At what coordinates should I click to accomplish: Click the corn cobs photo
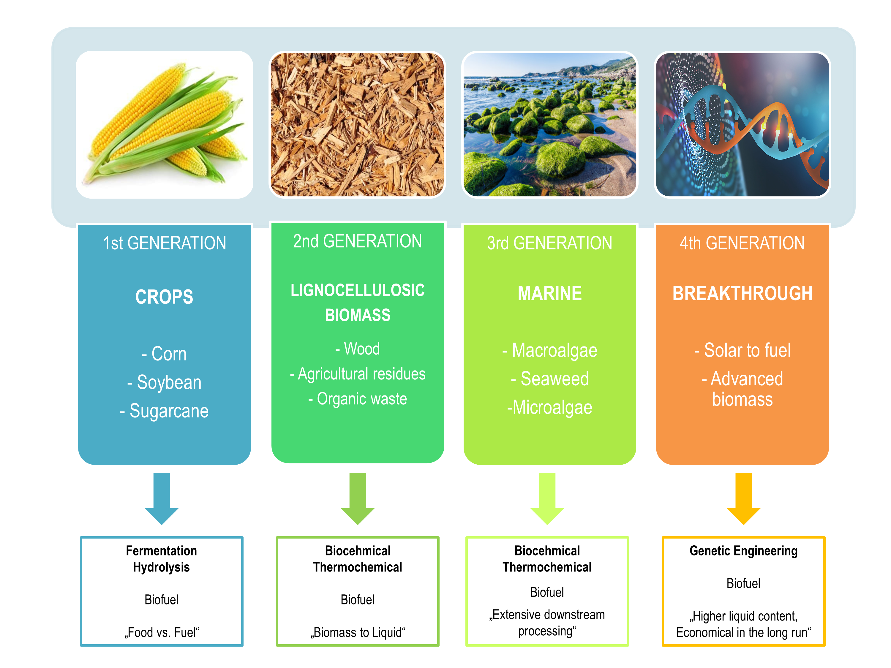[x=164, y=124]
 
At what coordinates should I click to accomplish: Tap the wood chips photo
[x=357, y=124]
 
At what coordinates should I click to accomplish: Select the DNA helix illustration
[x=742, y=124]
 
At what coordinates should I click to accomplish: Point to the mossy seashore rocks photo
[x=550, y=124]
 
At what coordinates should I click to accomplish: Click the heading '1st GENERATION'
[x=164, y=243]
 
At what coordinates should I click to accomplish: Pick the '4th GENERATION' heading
[x=742, y=243]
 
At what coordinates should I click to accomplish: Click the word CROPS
[x=164, y=297]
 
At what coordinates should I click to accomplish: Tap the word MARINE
[x=550, y=293]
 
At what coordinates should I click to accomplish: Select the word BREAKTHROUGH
[x=742, y=293]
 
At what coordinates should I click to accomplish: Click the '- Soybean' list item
[x=164, y=382]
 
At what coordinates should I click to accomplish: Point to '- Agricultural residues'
[x=358, y=374]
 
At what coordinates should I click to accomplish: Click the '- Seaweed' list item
[x=550, y=379]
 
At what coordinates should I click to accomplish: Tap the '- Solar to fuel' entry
[x=742, y=350]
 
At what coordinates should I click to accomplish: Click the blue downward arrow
[x=162, y=498]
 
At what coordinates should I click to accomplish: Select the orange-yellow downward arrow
[x=744, y=498]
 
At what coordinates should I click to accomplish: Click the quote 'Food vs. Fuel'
[x=162, y=632]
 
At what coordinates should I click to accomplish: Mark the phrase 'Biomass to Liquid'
[x=358, y=632]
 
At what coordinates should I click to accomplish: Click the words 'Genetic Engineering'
[x=744, y=551]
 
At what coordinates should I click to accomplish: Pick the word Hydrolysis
[x=162, y=567]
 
